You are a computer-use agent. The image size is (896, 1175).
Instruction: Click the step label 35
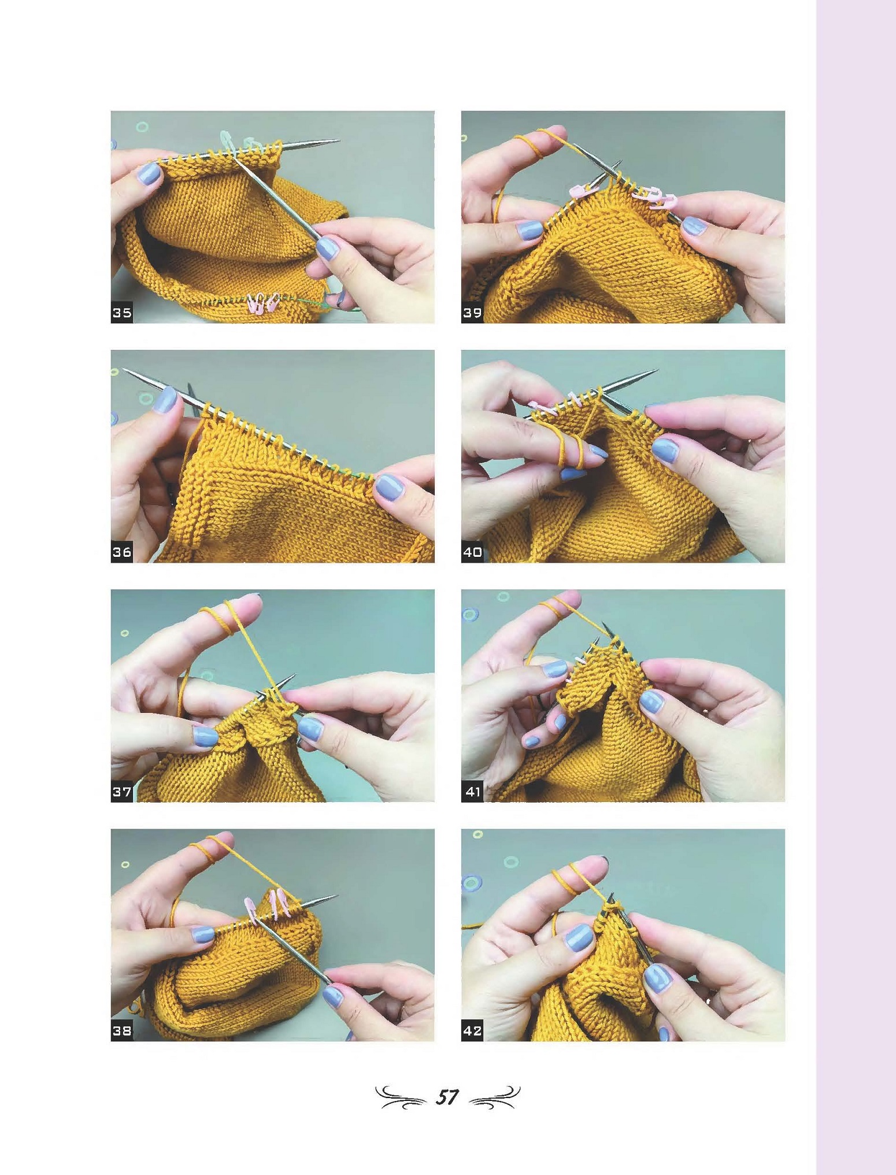click(x=121, y=313)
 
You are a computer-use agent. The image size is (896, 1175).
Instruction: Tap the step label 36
click(x=121, y=552)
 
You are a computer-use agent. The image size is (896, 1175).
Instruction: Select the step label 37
click(x=121, y=792)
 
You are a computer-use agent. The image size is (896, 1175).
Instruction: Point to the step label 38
click(x=121, y=1030)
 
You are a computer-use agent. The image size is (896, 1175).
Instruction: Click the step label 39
click(x=472, y=313)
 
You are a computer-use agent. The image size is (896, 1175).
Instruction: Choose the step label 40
click(x=472, y=552)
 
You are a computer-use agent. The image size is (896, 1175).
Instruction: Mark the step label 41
click(x=472, y=792)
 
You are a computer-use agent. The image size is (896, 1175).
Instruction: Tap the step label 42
click(x=472, y=1030)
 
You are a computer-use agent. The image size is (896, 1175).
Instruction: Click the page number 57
click(x=447, y=1097)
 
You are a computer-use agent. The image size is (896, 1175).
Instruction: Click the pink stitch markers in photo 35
click(x=264, y=303)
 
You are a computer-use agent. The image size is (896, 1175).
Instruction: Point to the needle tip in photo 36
click(x=125, y=371)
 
